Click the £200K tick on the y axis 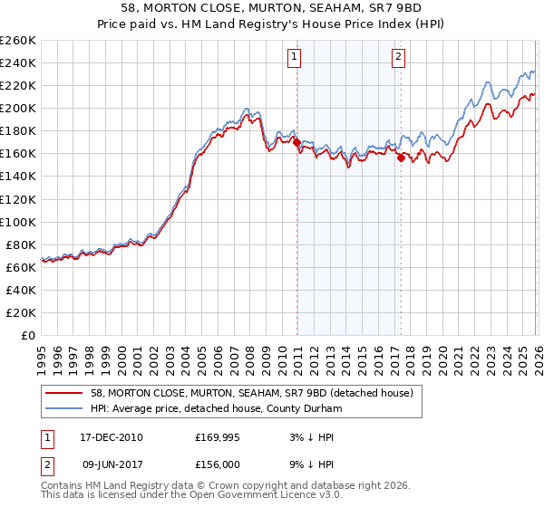18,108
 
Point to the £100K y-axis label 18,222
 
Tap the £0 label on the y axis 27,335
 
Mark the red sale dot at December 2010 296,141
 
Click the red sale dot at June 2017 400,158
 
